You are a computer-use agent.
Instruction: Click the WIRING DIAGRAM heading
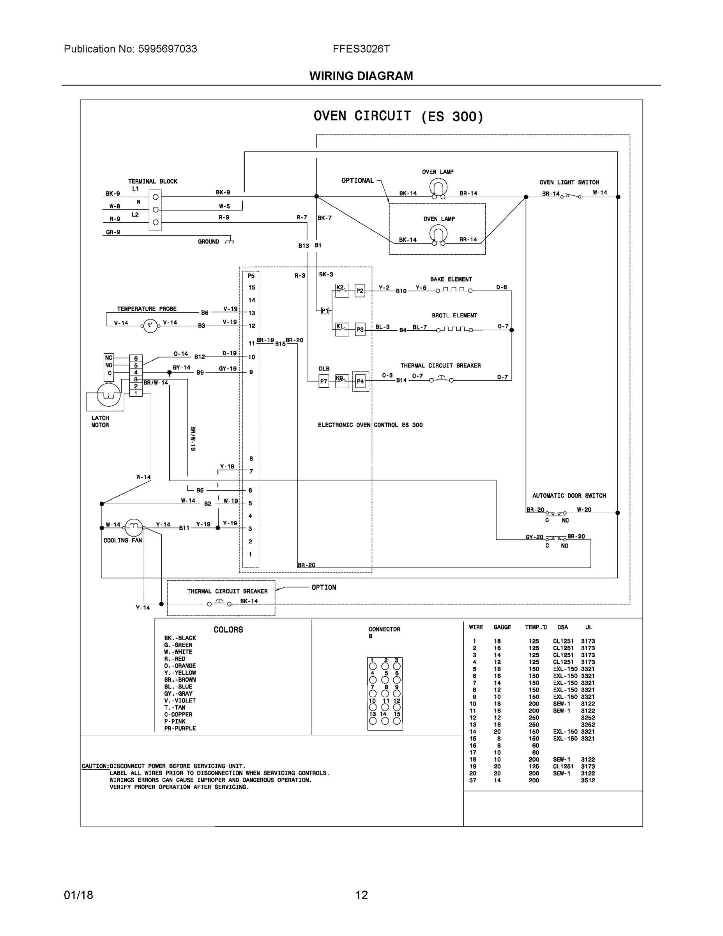pos(361,76)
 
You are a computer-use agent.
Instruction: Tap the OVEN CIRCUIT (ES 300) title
pos(398,116)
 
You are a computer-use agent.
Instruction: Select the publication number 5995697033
pos(168,49)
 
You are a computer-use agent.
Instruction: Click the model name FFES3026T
pos(361,49)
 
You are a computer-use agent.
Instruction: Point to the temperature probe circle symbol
pos(150,326)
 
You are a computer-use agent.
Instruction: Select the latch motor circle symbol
pos(108,395)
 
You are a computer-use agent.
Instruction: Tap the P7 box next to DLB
pos(324,381)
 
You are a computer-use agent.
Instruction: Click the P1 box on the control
pos(325,310)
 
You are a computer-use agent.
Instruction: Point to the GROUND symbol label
pos(209,242)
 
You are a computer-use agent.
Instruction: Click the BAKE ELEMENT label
pos(451,279)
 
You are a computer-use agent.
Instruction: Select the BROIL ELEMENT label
pos(454,316)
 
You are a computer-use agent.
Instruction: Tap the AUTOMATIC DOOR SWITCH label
pos(569,495)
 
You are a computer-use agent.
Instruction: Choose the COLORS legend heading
pos(228,629)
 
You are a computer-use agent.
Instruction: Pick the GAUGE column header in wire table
pos(502,627)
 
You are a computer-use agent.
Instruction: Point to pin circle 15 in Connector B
pos(397,721)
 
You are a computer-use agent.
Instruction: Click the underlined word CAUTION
pos(95,766)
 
